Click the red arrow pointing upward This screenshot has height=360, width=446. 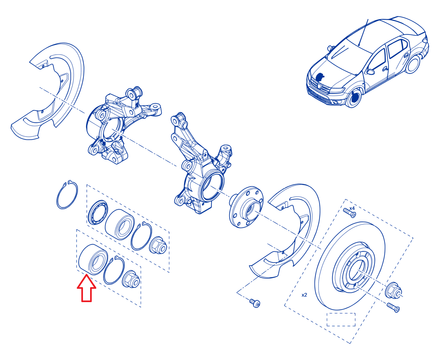(x=87, y=289)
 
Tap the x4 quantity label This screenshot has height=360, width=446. (x=352, y=208)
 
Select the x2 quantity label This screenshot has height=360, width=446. (x=304, y=295)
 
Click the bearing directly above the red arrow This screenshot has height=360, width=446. (x=93, y=259)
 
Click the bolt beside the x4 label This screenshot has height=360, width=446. (x=350, y=212)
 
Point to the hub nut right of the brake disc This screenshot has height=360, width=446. (x=393, y=290)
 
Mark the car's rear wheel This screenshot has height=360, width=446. (x=412, y=64)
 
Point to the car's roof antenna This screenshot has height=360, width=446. (x=363, y=33)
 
